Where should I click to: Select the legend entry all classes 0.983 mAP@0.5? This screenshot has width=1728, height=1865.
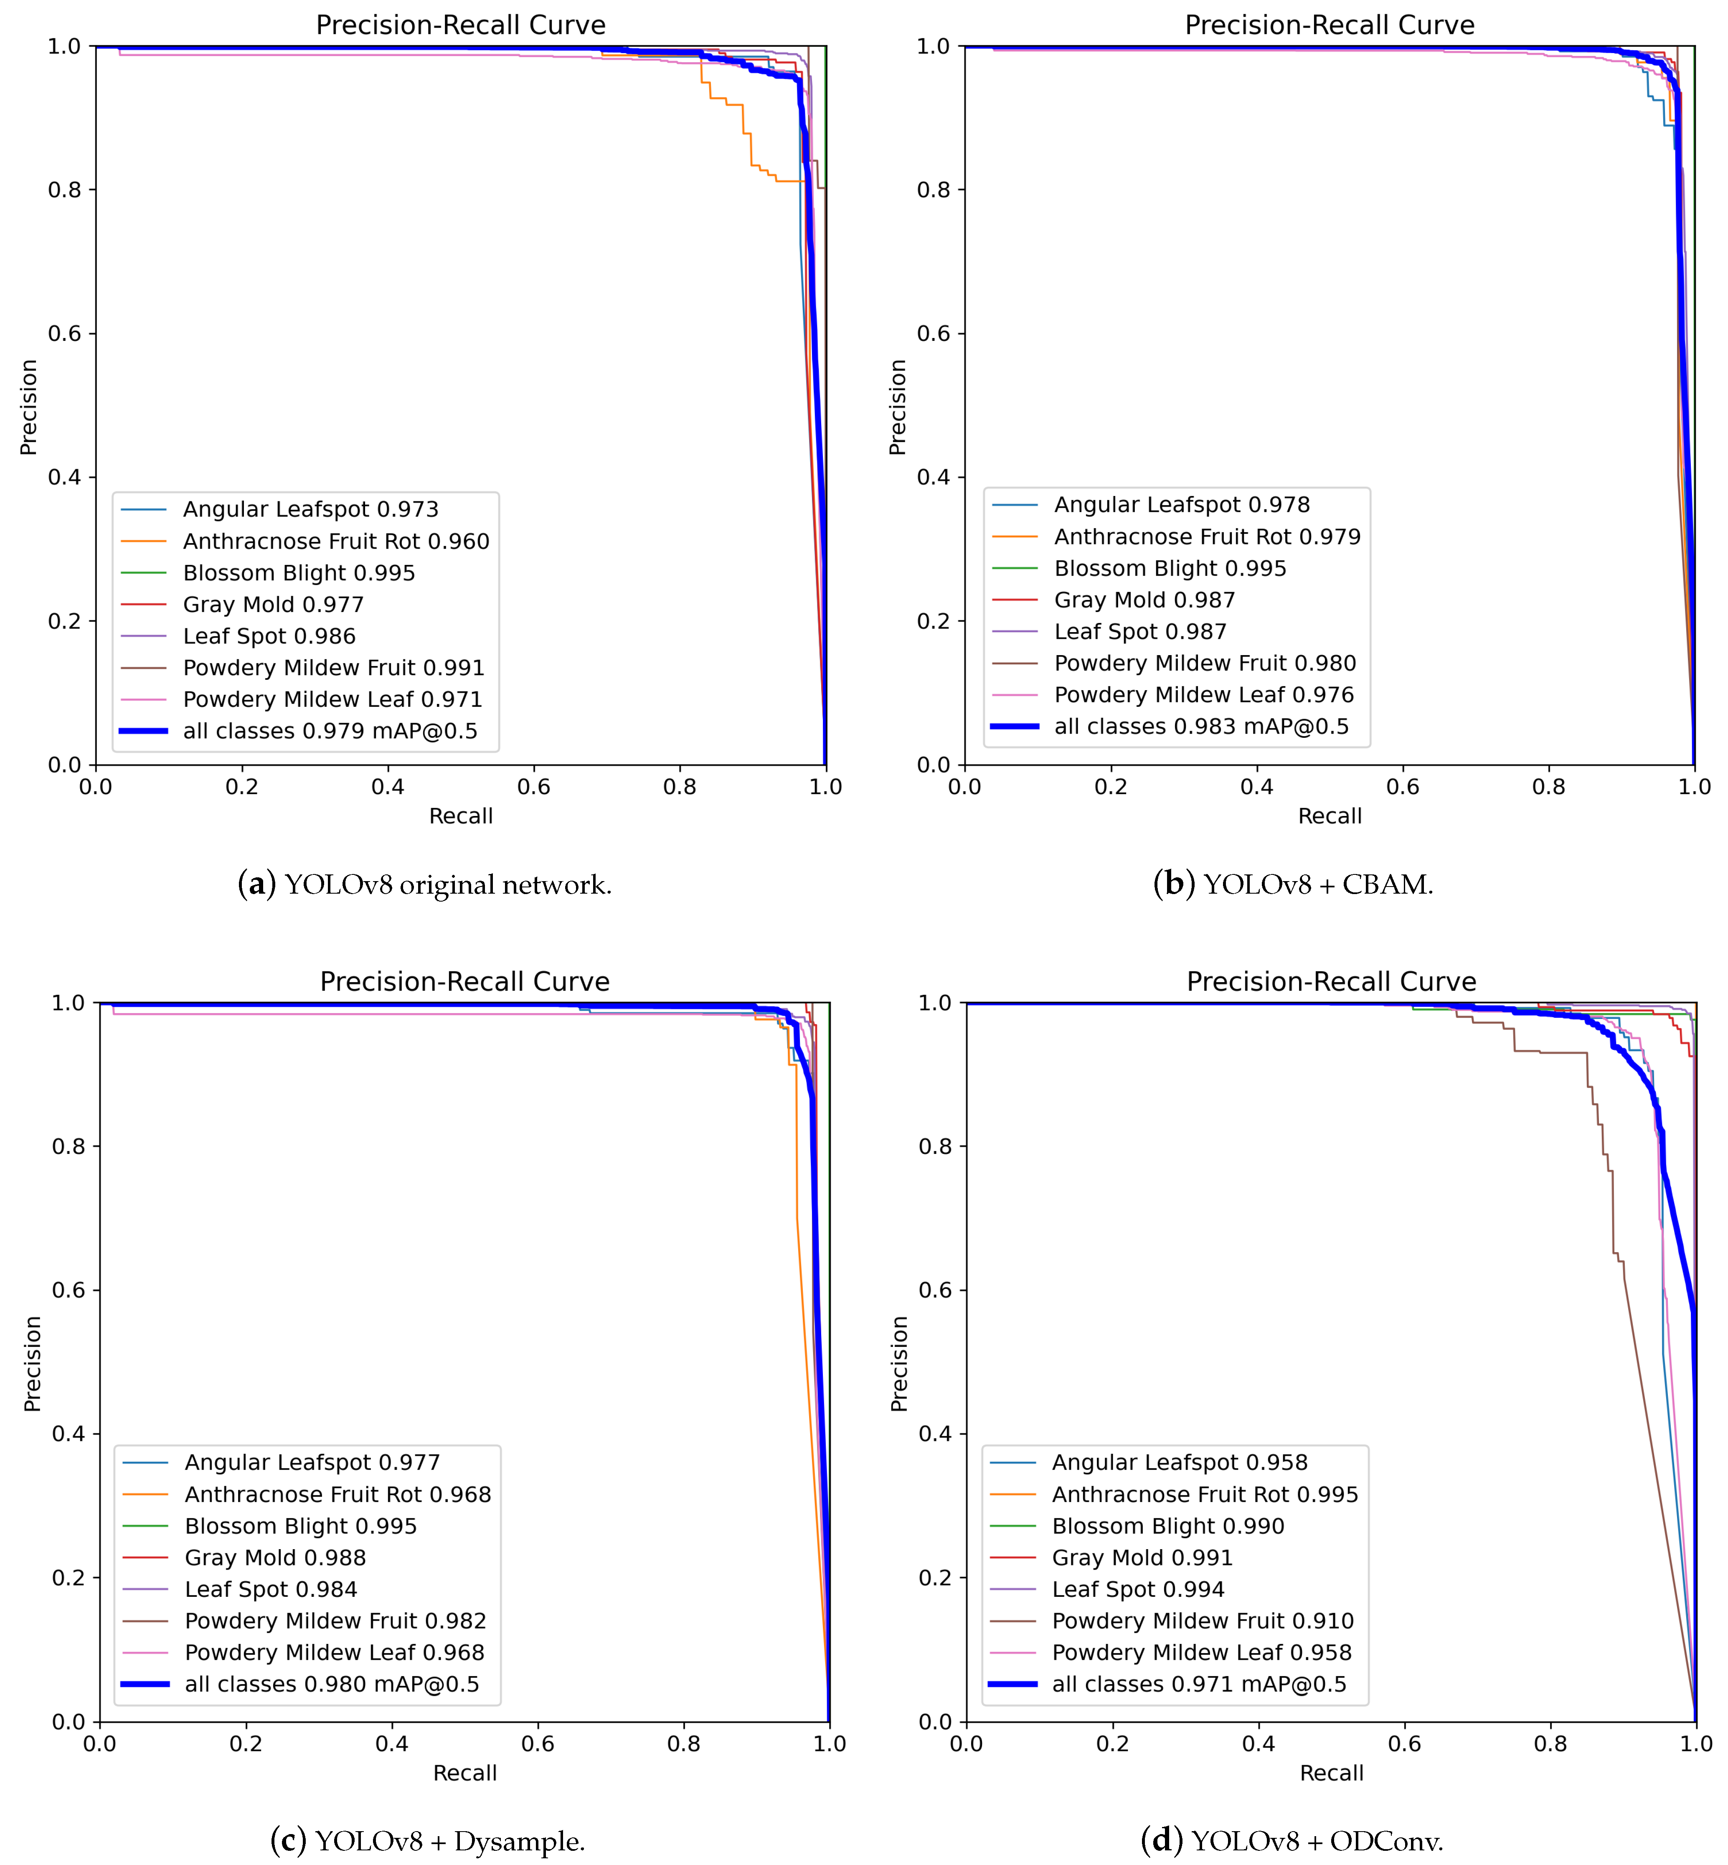(1200, 727)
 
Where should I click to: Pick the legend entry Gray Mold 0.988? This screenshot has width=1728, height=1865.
(275, 1557)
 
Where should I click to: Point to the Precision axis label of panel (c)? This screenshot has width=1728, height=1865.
(33, 1364)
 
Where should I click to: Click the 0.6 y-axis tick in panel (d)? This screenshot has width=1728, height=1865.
(935, 1290)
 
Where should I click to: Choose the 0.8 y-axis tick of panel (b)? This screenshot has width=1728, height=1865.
(933, 190)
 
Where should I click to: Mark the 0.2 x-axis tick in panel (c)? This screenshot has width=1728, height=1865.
(246, 1743)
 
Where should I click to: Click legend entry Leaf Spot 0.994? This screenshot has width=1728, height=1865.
(1137, 1589)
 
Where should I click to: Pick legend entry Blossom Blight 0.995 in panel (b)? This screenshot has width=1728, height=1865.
(1170, 569)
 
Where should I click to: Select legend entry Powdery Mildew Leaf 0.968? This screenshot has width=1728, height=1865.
(334, 1653)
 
